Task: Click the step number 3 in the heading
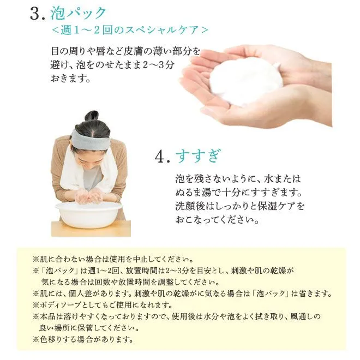click(35, 14)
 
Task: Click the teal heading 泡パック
click(79, 13)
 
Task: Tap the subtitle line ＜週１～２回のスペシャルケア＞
click(130, 30)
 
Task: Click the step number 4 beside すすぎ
click(160, 157)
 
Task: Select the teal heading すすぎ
click(199, 156)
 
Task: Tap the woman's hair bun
click(92, 116)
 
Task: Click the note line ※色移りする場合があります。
click(83, 339)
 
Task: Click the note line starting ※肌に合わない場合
click(112, 259)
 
